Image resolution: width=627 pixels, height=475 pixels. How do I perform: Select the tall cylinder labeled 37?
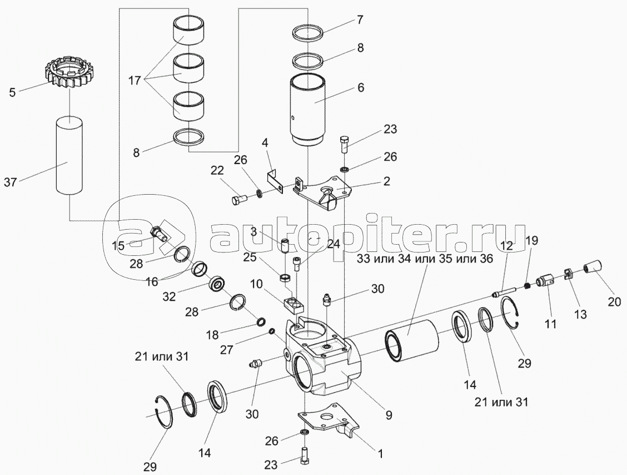[68, 155]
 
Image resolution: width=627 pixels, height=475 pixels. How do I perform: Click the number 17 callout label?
[135, 80]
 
